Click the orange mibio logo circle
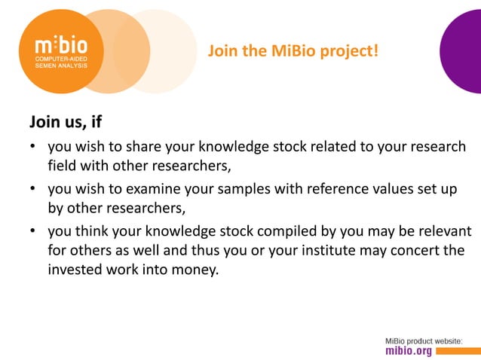click(60, 51)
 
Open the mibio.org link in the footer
click(409, 351)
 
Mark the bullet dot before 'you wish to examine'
click(33, 189)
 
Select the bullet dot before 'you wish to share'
click(33, 147)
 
